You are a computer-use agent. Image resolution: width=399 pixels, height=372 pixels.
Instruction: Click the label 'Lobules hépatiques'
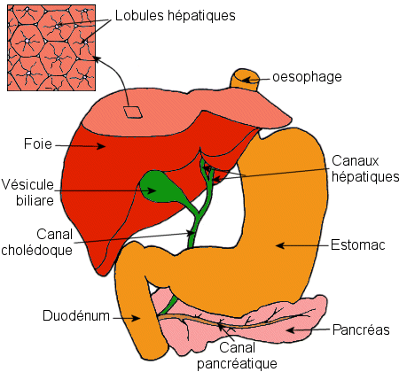point(176,16)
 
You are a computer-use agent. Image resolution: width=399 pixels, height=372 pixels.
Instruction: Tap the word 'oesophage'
point(307,77)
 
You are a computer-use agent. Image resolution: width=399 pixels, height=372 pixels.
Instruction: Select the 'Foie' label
point(38,143)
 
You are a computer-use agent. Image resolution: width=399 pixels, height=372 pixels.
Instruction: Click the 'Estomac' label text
point(358,245)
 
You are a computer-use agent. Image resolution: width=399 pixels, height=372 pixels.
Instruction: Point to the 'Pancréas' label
point(361,329)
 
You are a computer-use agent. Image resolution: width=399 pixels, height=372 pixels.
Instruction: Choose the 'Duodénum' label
point(76,315)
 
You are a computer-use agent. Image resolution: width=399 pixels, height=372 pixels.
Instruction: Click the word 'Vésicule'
point(27,184)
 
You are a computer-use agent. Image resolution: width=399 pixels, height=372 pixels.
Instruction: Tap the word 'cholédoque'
point(36,250)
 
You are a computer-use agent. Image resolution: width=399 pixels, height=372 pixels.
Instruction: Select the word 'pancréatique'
point(237,363)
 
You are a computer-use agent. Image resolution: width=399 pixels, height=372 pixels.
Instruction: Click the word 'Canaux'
point(356,161)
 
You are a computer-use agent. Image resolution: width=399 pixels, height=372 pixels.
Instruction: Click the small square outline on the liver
point(132,112)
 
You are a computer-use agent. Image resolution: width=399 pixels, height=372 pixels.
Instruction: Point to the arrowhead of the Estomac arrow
point(280,245)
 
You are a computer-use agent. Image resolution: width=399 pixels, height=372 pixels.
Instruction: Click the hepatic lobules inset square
point(51,48)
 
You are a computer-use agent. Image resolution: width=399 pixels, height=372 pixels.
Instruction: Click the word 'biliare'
point(35,200)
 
